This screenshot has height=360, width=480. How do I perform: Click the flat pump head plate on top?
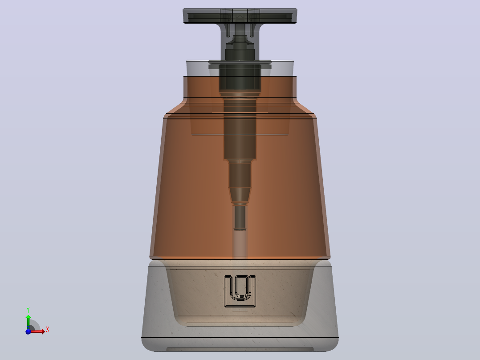click(x=240, y=16)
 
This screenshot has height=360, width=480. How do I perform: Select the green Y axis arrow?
click(x=28, y=322)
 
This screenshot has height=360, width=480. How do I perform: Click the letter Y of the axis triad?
click(x=28, y=310)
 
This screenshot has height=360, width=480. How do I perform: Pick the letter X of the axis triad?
click(x=48, y=330)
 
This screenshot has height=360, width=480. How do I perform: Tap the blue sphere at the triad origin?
click(x=28, y=331)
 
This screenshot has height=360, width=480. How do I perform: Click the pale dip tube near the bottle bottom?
click(x=240, y=244)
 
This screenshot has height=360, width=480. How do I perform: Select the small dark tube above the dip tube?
click(x=240, y=217)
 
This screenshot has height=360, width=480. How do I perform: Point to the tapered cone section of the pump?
click(x=240, y=196)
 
